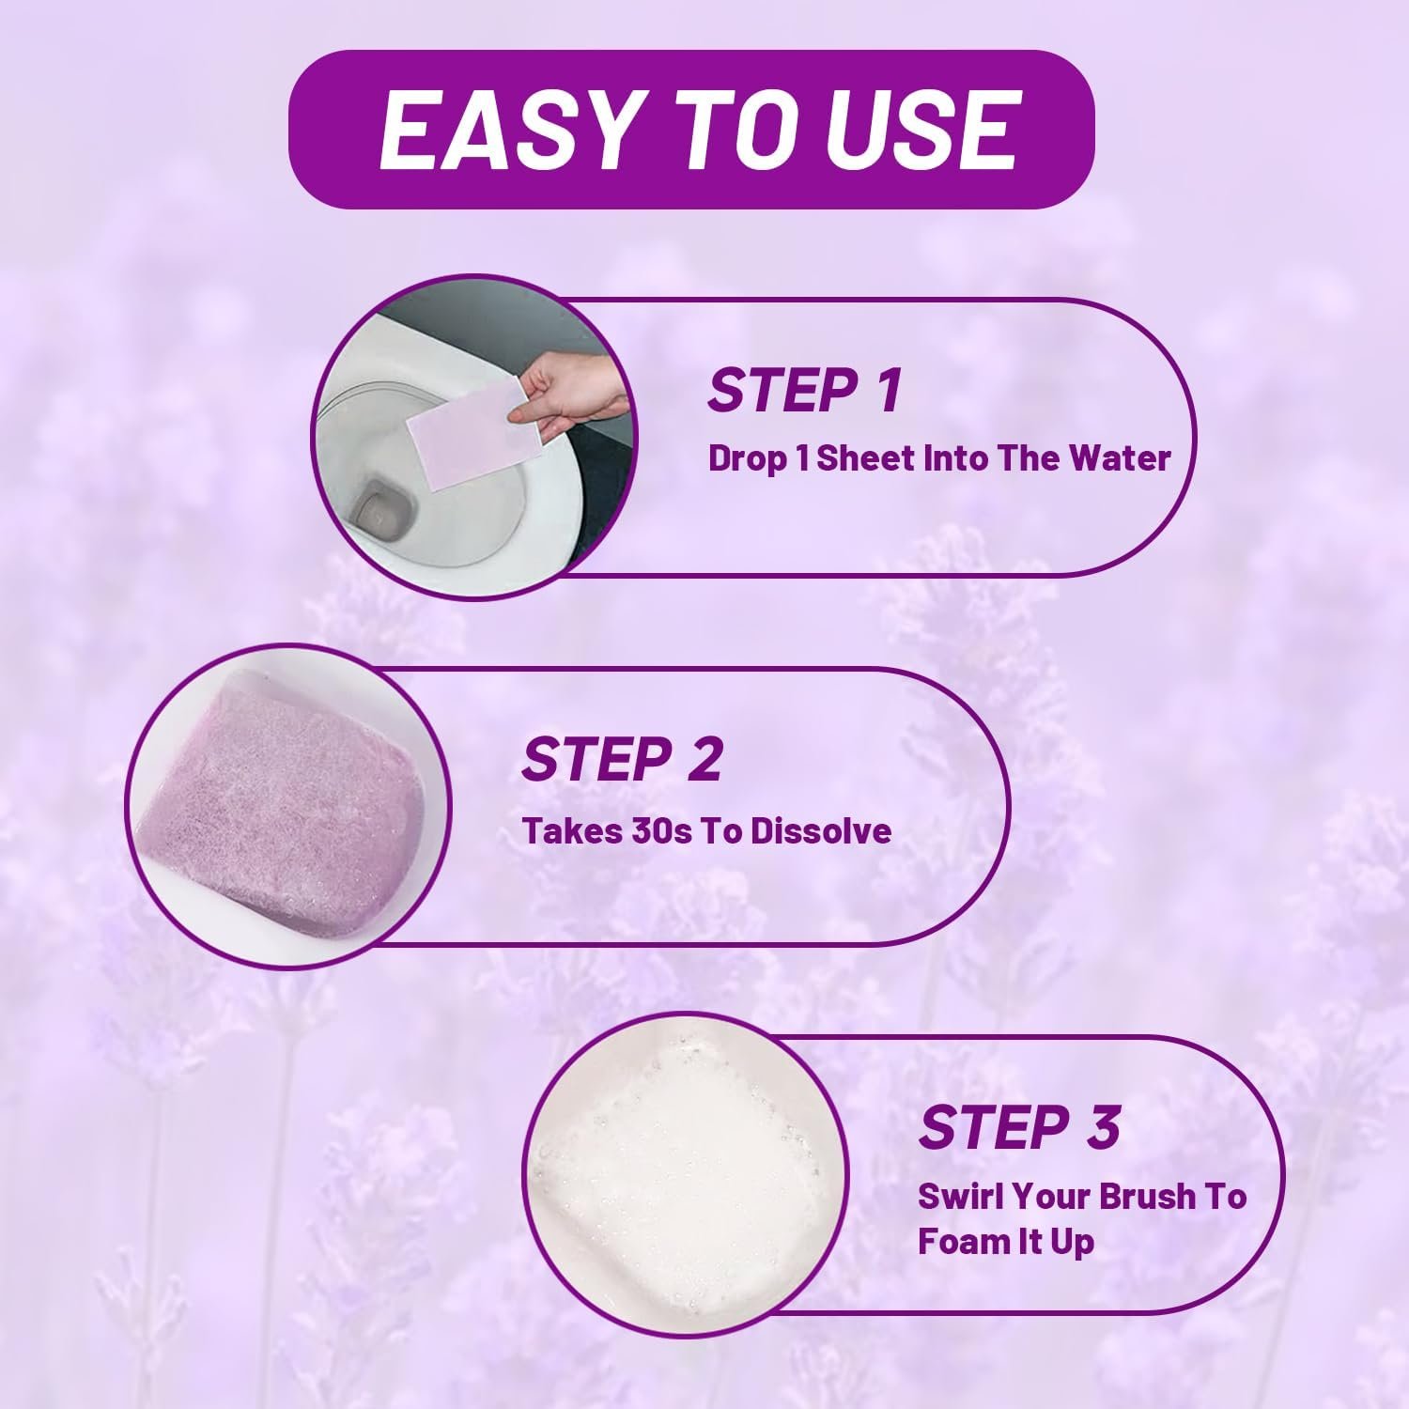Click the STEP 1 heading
click(805, 390)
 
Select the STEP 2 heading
click(622, 759)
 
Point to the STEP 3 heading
click(1019, 1126)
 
